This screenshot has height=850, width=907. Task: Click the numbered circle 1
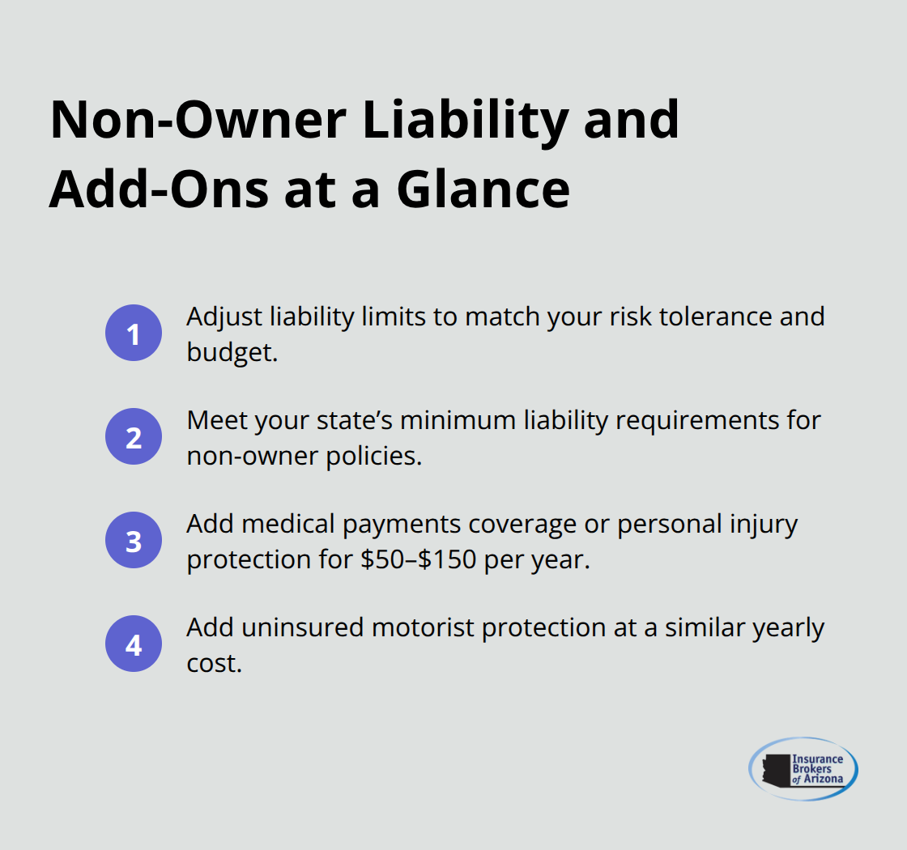point(134,334)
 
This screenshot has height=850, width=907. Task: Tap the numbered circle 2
point(134,437)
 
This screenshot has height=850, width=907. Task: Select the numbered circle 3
point(134,541)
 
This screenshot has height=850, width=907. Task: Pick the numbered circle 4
point(134,644)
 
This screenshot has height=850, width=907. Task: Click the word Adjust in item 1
point(219,317)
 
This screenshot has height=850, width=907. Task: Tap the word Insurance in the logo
point(817,759)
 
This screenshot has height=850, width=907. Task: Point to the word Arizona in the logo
point(823,780)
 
